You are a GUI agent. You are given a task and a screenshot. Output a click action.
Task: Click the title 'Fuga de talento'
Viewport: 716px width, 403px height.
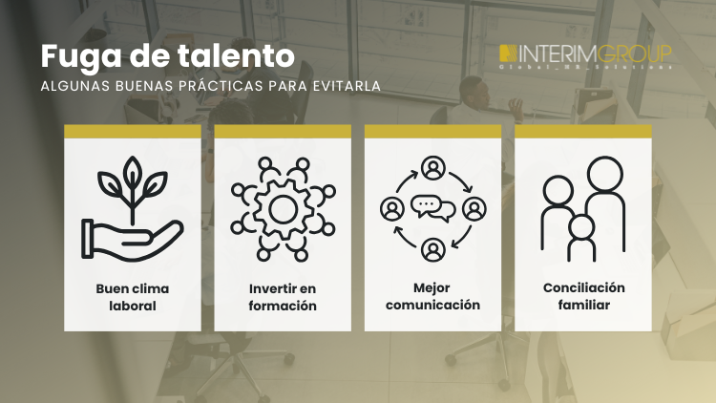[x=167, y=54]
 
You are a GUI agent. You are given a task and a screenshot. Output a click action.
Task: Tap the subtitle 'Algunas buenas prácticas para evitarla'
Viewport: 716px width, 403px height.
[x=211, y=86]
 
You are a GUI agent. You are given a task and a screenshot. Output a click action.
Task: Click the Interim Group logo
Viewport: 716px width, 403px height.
[x=586, y=56]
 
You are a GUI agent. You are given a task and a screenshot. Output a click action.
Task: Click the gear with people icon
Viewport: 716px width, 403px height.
[x=283, y=207]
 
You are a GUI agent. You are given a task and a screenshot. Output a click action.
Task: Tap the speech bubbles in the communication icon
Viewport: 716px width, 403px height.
[x=432, y=206]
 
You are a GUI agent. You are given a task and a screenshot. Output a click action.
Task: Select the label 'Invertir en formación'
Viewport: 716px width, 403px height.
[x=283, y=297]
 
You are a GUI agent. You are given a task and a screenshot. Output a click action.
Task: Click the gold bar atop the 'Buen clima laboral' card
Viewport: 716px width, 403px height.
[x=132, y=131]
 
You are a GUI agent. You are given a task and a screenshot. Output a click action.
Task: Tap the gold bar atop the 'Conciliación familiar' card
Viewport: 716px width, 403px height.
[x=582, y=131]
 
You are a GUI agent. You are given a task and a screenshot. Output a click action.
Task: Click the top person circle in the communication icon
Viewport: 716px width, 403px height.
[x=432, y=169]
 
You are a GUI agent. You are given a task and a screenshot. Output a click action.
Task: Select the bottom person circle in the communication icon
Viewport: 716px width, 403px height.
[x=432, y=248]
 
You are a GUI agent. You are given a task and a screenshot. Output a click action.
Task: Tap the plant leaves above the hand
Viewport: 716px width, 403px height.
[x=133, y=184]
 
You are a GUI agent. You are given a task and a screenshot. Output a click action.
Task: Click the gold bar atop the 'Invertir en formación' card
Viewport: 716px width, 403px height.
[x=283, y=131]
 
